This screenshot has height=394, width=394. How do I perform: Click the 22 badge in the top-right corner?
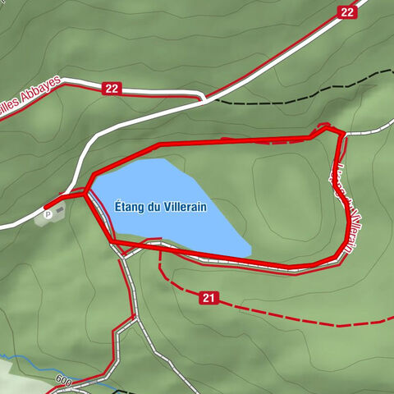click(347, 11)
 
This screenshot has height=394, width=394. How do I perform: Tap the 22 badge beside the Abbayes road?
click(112, 88)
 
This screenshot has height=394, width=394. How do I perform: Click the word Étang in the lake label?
click(130, 208)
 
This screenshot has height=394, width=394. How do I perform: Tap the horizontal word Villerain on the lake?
click(186, 208)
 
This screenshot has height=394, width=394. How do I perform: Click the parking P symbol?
click(48, 214)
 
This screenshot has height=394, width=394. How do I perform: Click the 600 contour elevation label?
click(64, 381)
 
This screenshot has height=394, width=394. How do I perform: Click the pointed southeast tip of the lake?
click(248, 253)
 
